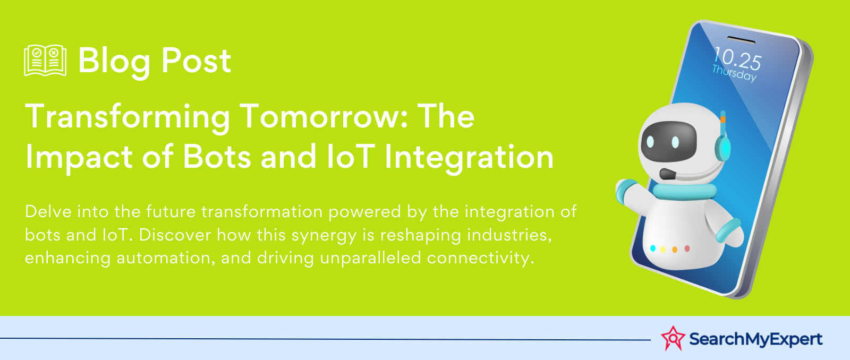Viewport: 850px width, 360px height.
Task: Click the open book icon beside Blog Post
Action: (x=45, y=61)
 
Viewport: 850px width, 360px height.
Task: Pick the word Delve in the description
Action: (x=48, y=211)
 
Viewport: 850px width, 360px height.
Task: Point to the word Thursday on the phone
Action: (x=734, y=73)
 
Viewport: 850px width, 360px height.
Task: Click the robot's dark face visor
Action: (x=669, y=141)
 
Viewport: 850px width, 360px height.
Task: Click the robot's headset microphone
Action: (x=668, y=175)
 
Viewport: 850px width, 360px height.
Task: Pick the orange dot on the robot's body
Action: (x=675, y=250)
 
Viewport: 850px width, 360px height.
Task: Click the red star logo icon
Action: (x=673, y=338)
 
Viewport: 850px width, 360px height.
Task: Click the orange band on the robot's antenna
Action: (x=723, y=119)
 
